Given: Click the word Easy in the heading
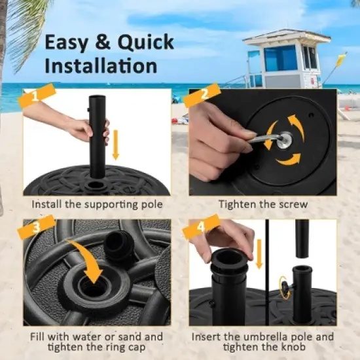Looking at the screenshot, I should [x=67, y=43].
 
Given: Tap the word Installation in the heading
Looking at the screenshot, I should [x=101, y=66].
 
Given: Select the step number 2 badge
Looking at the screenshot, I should [x=202, y=96].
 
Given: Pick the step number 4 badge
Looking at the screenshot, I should [x=202, y=229].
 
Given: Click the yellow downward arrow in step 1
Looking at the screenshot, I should [x=116, y=144].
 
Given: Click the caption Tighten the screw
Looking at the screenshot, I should [x=262, y=204].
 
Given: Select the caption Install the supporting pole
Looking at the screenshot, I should [x=97, y=204].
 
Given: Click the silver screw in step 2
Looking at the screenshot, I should [x=287, y=138].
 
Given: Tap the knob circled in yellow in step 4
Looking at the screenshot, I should [x=286, y=285].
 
